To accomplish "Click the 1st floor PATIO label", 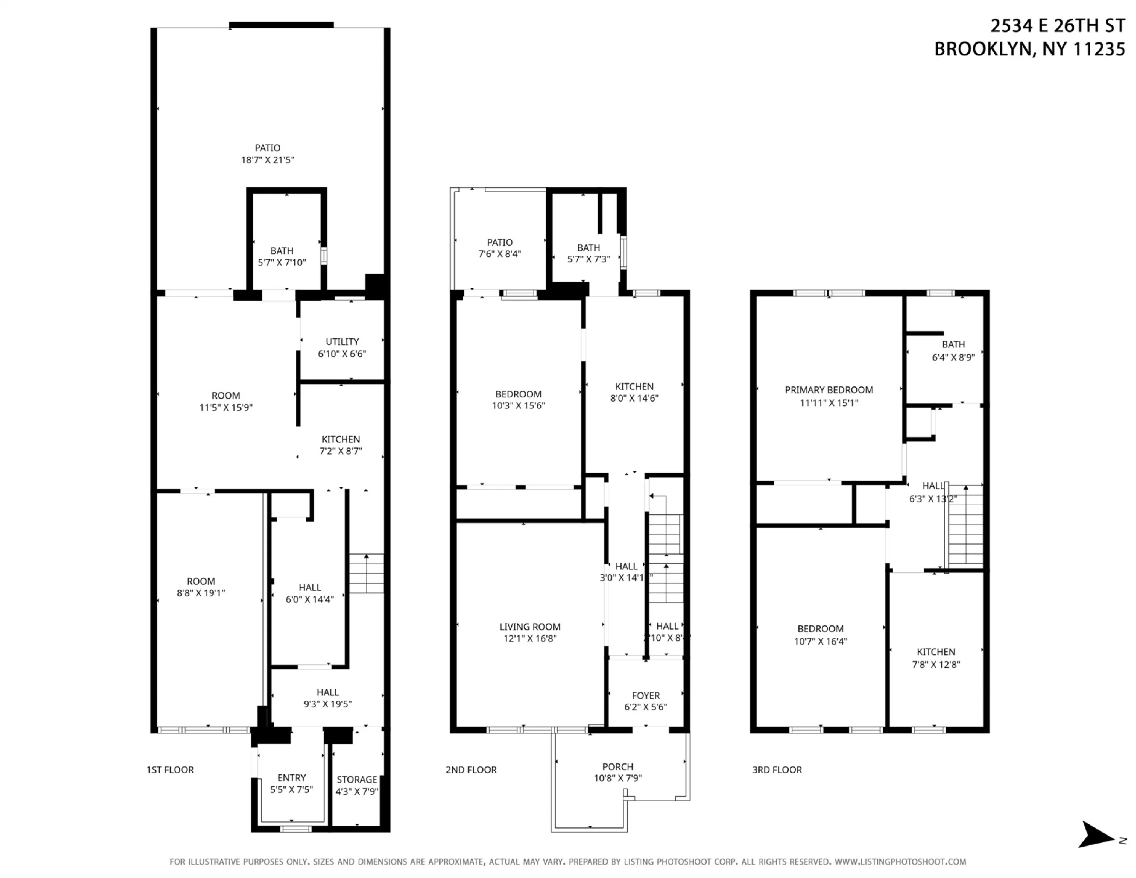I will coord(267,148).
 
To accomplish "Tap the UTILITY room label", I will coord(342,342).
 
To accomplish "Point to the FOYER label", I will coord(645,696).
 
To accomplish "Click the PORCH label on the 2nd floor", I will coord(618,767).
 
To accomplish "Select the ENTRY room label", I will coord(291,777).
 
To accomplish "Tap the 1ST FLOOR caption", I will coord(170,770).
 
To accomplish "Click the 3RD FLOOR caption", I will coord(777,770).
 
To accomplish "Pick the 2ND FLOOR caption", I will coord(471,770).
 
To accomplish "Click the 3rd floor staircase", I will coord(965,525).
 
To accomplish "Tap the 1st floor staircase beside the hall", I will coord(366,573).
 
